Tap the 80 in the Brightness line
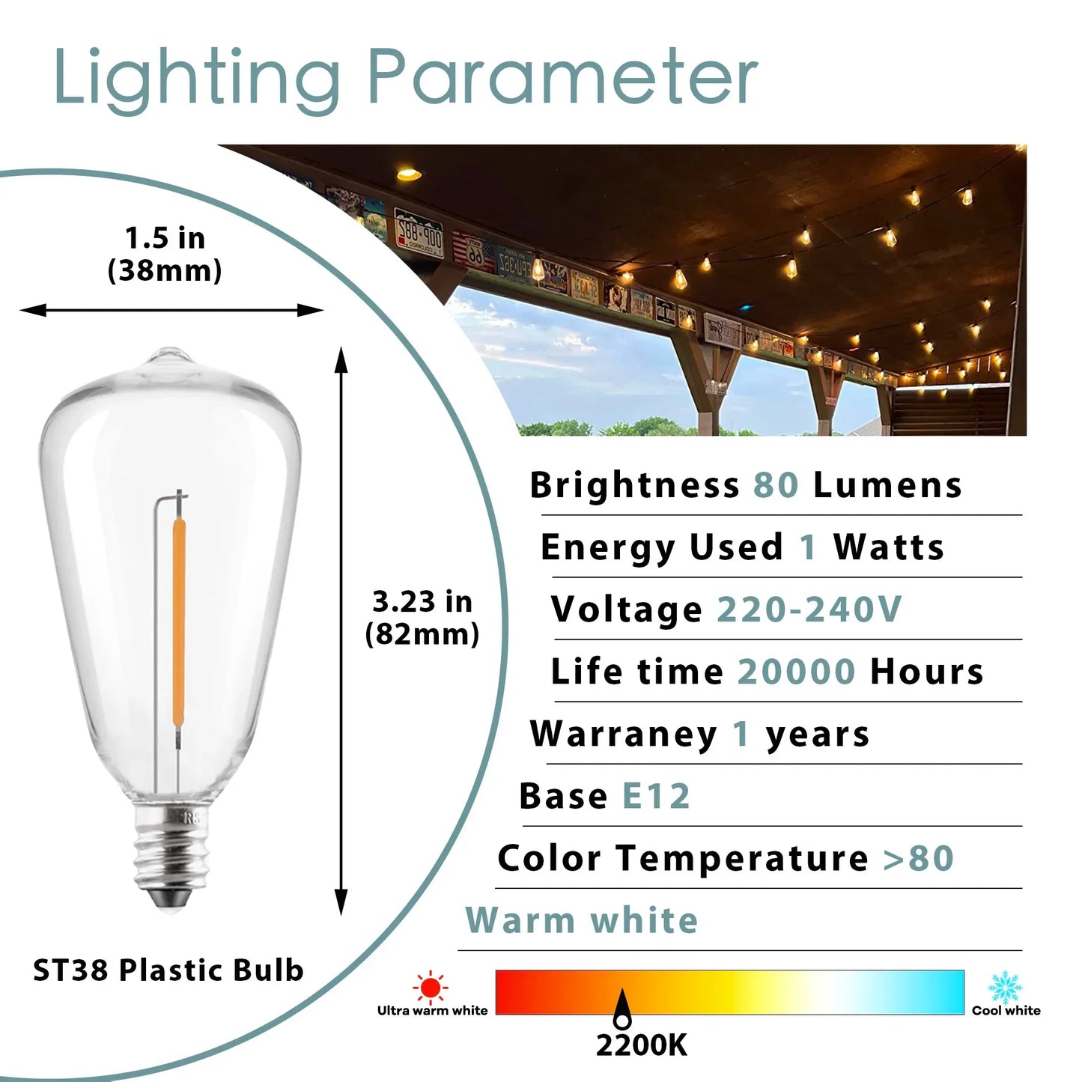776,485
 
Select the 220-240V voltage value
809,610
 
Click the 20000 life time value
796,672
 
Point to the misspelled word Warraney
623,734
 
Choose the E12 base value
656,796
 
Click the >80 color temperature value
918,858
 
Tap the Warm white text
581,920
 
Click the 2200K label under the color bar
641,1045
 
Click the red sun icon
431,987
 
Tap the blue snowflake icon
1004,987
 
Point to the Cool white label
1006,1011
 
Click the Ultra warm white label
432,1011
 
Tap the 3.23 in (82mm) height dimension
422,618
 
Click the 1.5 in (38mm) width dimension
165,255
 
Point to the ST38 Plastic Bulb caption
168,970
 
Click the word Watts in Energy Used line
888,547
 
